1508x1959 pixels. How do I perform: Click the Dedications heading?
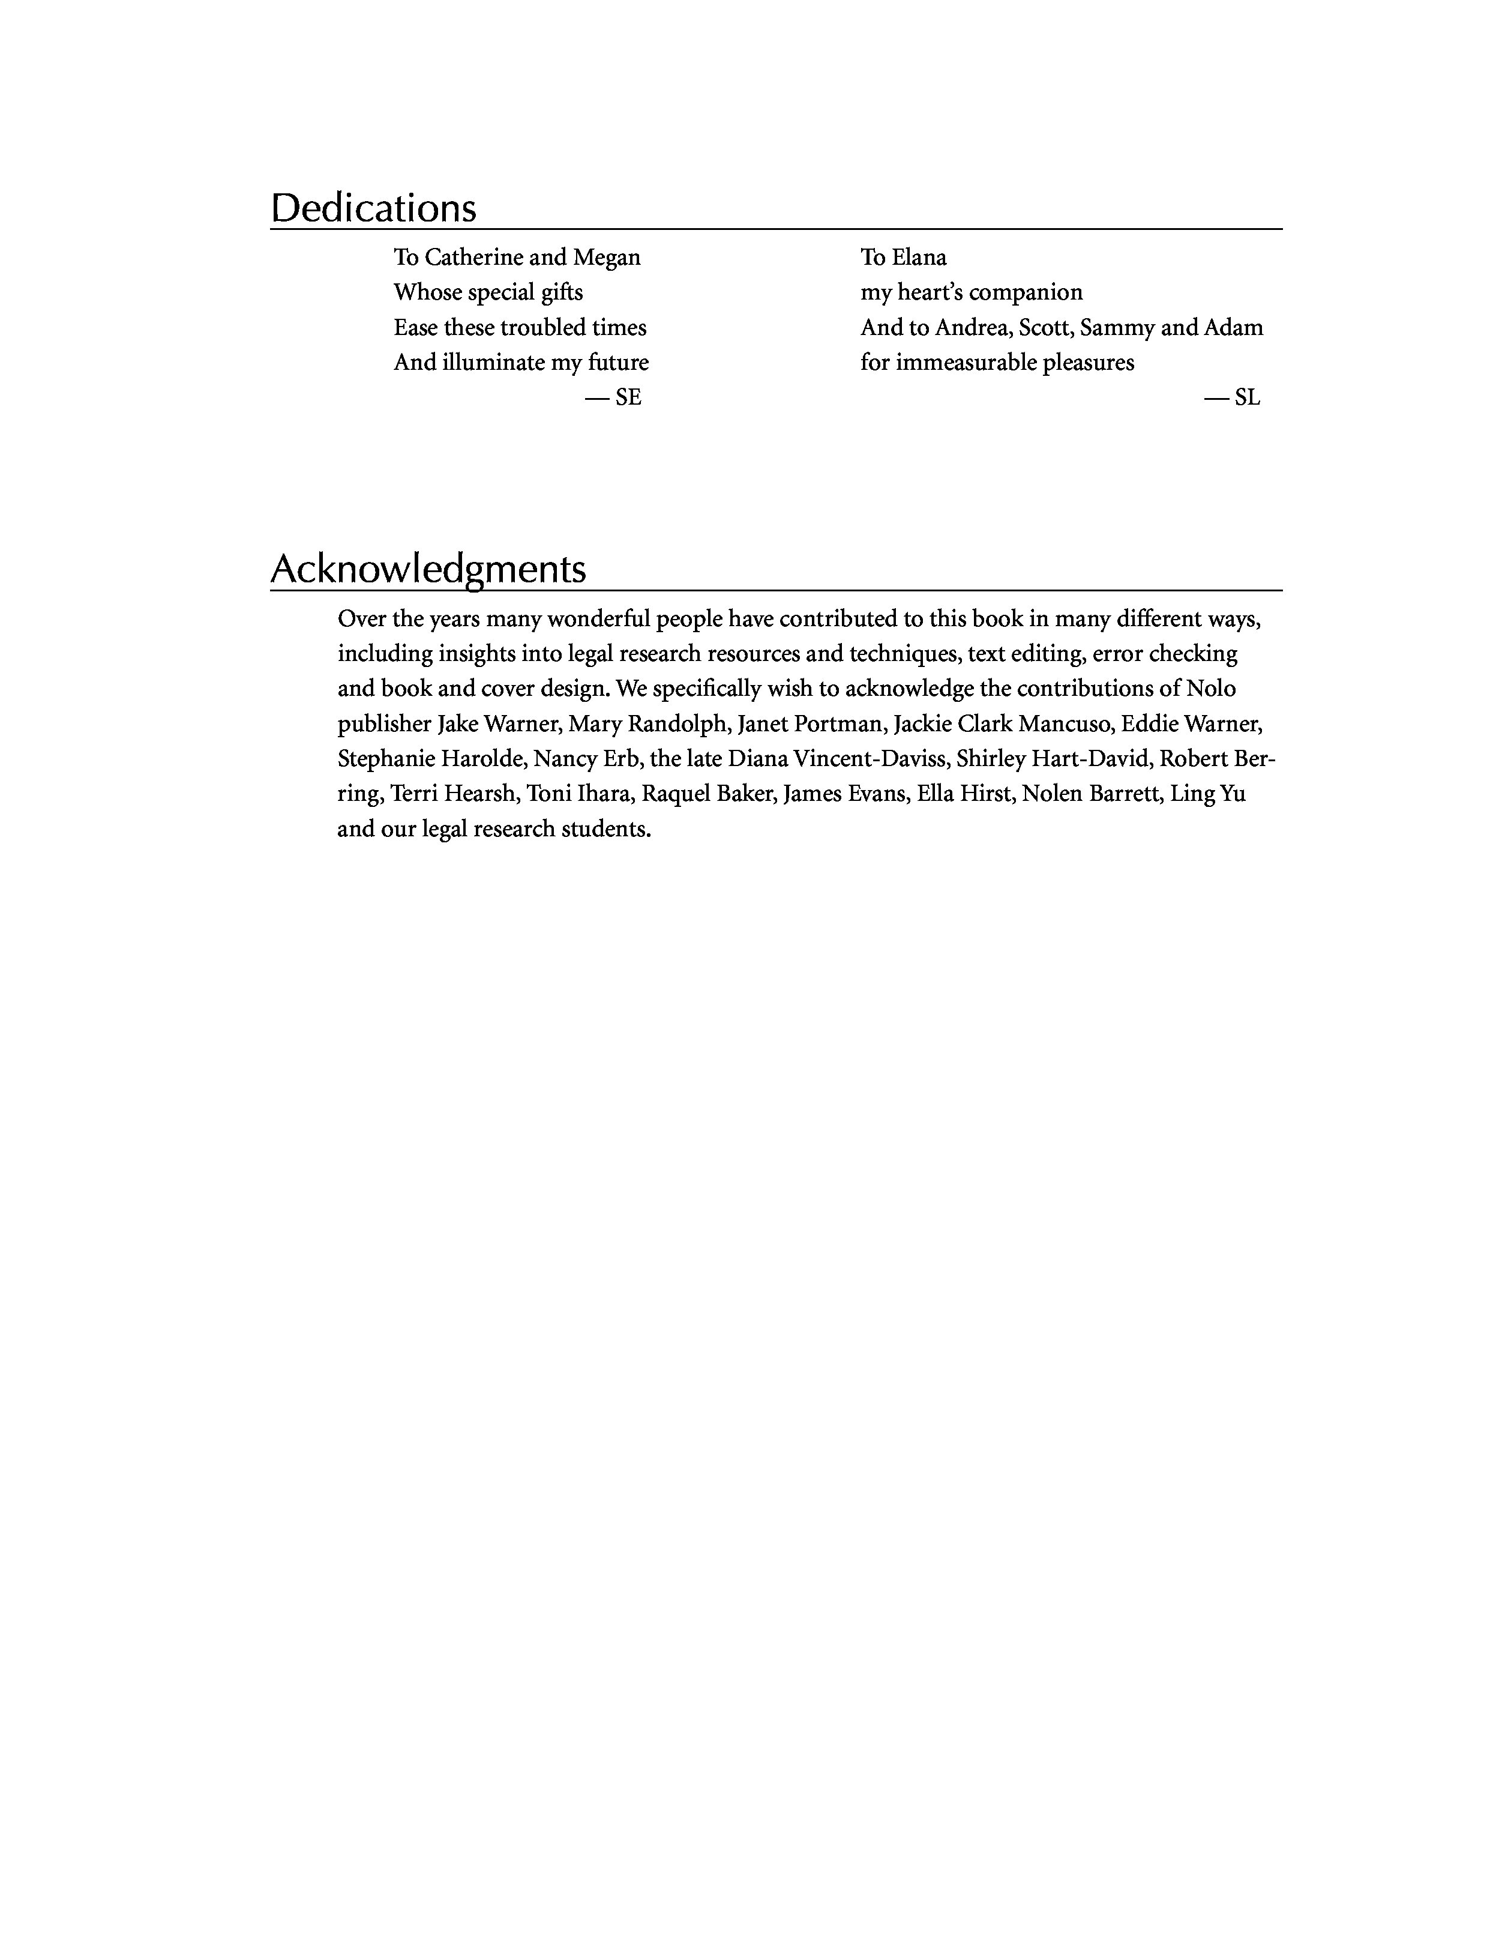coord(373,208)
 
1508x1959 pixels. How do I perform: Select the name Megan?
coord(607,258)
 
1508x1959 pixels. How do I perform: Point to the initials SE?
coord(628,397)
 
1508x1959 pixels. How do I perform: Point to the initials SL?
coord(1246,397)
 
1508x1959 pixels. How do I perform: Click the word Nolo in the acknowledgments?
coord(1210,689)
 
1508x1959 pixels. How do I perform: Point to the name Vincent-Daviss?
coord(870,759)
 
